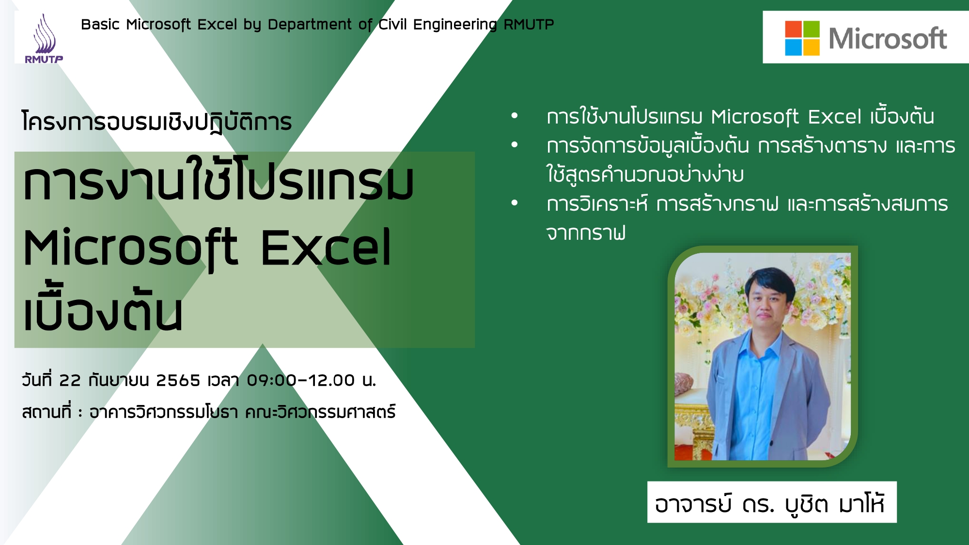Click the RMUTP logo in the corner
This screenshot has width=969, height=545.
point(44,39)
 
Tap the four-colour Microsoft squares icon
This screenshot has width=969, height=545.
point(802,38)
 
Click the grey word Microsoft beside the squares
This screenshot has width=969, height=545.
point(888,38)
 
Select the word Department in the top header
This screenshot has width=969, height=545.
point(310,24)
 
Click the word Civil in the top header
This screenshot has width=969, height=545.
point(392,24)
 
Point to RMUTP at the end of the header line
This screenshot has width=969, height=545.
point(529,24)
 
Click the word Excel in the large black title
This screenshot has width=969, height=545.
point(326,248)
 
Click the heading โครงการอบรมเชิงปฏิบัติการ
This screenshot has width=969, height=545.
point(156,121)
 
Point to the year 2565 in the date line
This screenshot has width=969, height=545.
point(178,380)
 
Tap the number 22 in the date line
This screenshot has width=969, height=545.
point(70,380)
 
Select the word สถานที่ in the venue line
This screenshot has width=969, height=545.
point(47,411)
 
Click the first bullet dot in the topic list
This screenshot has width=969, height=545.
point(515,116)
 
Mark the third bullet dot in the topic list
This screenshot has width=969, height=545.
point(515,203)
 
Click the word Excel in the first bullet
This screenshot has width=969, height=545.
point(835,117)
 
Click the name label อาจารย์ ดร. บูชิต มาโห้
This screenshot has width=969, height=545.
point(771,502)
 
